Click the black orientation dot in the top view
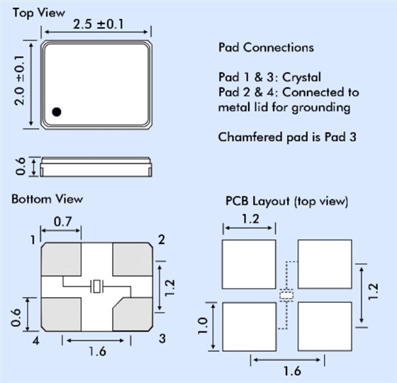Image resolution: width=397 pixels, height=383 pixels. click(x=57, y=112)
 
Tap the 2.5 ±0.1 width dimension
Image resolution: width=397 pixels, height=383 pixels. click(x=99, y=25)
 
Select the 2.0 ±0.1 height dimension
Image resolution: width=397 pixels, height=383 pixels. click(x=20, y=80)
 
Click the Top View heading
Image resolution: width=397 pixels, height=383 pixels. click(x=39, y=13)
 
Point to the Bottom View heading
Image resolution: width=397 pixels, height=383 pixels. click(x=47, y=199)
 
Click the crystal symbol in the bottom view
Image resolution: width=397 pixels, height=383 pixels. click(x=96, y=287)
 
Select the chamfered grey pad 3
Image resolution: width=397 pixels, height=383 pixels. click(x=133, y=314)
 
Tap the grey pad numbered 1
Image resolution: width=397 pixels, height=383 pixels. click(x=61, y=259)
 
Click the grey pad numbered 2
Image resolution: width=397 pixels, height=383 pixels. click(x=133, y=259)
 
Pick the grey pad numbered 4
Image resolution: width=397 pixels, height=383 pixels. click(x=61, y=314)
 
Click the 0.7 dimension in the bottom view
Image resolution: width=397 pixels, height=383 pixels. click(x=62, y=222)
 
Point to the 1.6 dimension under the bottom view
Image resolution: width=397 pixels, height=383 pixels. click(x=97, y=351)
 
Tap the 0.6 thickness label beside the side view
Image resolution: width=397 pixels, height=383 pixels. click(x=21, y=166)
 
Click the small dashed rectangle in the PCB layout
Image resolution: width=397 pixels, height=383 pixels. click(x=286, y=295)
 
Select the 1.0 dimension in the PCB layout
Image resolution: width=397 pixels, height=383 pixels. click(x=203, y=326)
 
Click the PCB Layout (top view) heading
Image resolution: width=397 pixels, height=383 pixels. click(x=287, y=201)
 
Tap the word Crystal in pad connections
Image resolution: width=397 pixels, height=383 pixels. click(x=301, y=77)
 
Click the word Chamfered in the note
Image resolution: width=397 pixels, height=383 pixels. click(x=250, y=137)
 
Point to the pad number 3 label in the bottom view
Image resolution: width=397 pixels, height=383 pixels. click(x=162, y=339)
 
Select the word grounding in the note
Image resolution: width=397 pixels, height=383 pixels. click(x=321, y=108)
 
